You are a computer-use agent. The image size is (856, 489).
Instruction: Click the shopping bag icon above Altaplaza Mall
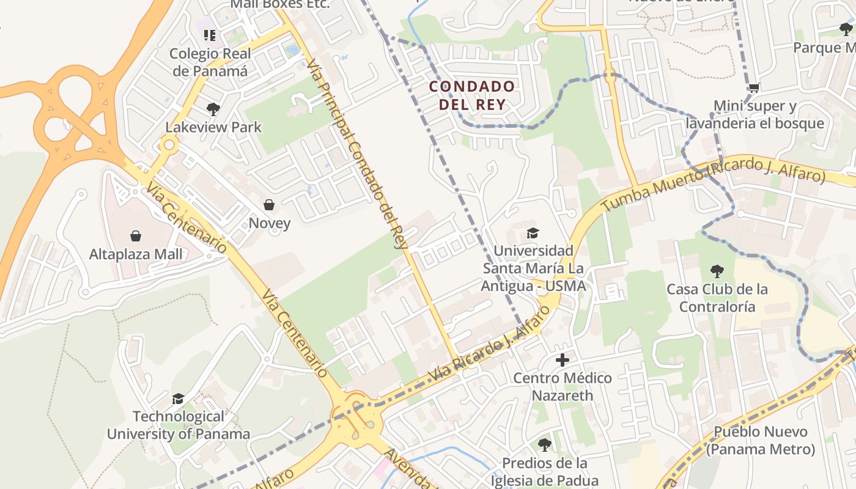(136, 236)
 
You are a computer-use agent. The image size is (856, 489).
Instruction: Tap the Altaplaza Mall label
(136, 254)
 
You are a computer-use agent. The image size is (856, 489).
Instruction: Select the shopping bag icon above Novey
(269, 205)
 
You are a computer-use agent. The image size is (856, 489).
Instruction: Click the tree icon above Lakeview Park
(213, 109)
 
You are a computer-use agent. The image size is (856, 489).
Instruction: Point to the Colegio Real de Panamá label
(210, 62)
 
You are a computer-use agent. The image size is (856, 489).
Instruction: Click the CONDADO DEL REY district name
(471, 95)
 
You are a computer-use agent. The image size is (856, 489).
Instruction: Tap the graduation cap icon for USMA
(533, 233)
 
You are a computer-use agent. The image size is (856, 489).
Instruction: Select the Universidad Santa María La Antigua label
(533, 268)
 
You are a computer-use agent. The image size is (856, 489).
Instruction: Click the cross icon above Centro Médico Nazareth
(563, 360)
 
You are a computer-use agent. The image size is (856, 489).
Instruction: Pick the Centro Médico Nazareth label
(563, 386)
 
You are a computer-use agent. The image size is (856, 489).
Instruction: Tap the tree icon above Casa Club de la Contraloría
(717, 271)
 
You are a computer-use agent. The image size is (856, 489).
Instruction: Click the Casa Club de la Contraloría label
(717, 297)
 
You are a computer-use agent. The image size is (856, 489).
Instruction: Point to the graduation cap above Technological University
(178, 399)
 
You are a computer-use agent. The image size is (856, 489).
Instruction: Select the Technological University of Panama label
(179, 425)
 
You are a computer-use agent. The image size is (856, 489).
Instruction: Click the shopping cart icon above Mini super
(755, 88)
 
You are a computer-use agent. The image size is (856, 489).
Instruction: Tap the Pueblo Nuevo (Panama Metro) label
(761, 441)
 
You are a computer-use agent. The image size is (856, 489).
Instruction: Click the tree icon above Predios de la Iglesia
(544, 445)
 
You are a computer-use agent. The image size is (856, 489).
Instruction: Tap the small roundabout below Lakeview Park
(169, 145)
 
